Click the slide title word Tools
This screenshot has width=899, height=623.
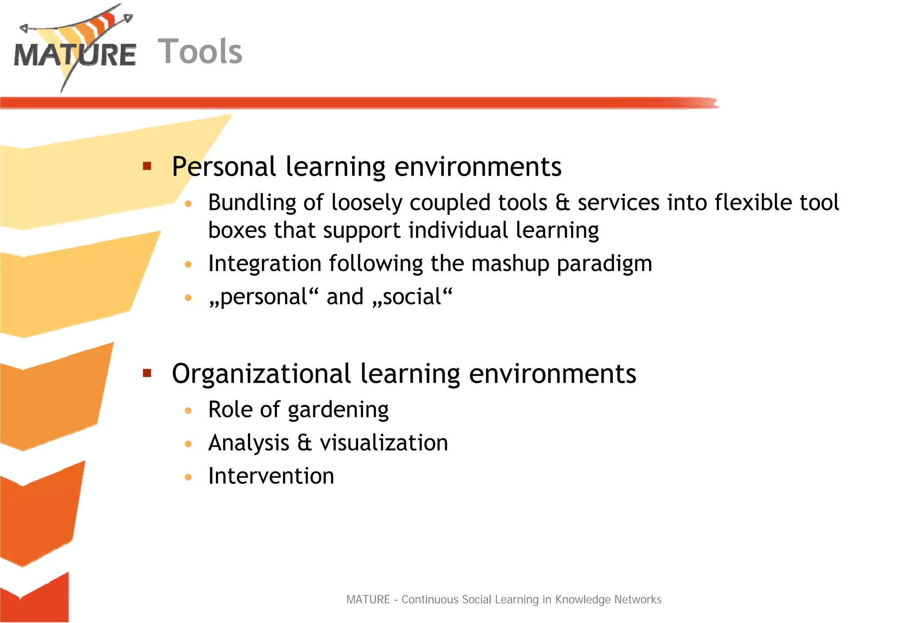point(200,51)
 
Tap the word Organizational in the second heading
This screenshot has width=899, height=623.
point(261,374)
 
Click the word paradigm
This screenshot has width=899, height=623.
point(604,264)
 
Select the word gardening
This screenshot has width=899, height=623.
point(338,410)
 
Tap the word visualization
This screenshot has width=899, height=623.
point(384,442)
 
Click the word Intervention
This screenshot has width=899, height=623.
point(271,476)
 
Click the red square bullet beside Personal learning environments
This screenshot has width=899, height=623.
point(147,166)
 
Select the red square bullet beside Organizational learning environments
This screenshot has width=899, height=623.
point(147,373)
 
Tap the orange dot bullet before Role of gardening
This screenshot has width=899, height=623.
point(188,411)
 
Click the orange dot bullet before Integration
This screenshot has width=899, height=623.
point(188,264)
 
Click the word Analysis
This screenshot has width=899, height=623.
point(248,442)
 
